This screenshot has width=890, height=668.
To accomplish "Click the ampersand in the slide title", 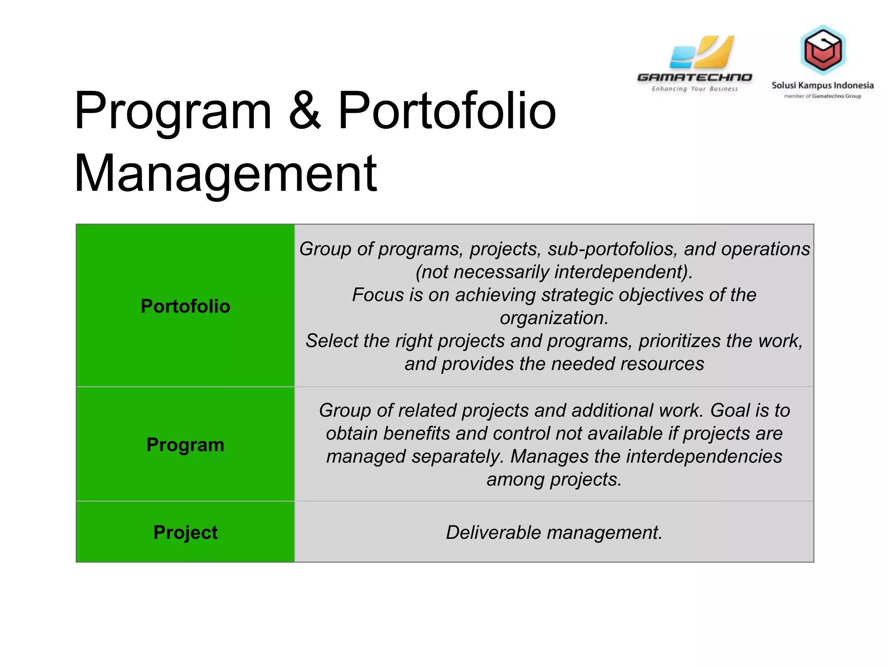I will coord(305,111).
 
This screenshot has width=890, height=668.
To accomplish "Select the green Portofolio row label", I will coord(185,306).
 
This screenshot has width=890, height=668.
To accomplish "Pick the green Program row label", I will coord(185,444).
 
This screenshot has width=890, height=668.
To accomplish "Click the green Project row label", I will coord(185,532).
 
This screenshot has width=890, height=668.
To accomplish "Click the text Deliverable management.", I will coord(554,532).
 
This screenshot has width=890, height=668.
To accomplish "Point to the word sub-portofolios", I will coord(612,249).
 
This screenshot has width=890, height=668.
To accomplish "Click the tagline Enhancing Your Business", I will coord(694,89).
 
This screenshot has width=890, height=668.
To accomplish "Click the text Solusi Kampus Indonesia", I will coord(822,85).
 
